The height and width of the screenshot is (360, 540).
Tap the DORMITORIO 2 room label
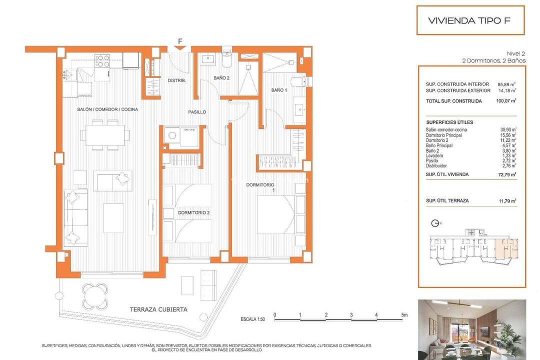193,213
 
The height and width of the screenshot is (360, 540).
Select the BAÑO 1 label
279,90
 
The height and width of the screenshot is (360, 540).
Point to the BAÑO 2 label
221,78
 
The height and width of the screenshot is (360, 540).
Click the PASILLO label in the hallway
197,112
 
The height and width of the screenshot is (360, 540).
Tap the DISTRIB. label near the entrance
176,80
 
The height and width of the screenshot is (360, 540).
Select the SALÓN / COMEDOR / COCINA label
107,109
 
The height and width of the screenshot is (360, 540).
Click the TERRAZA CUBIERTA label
158,309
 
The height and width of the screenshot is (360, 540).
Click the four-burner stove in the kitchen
102,61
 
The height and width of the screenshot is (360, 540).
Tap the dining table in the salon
105,134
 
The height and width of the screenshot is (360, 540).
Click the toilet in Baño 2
227,59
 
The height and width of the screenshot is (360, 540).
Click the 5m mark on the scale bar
403,315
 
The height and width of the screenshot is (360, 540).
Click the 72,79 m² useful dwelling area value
507,174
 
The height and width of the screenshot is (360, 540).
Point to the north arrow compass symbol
434,223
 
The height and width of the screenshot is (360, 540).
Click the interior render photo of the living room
471,329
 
